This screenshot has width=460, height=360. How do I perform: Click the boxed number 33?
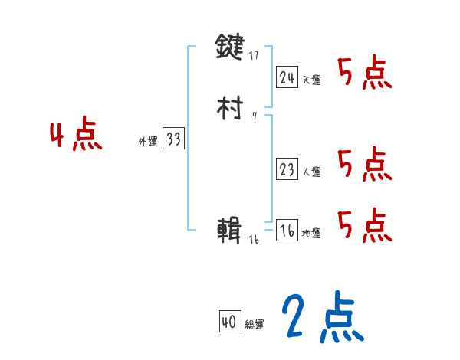click(x=173, y=139)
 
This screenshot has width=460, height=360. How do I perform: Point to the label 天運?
click(x=311, y=80)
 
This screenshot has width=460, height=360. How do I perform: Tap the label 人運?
click(x=311, y=172)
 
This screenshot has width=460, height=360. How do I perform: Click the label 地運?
click(x=311, y=234)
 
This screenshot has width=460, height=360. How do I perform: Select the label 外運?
click(x=147, y=142)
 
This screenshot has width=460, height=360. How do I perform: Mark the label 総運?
click(x=255, y=325)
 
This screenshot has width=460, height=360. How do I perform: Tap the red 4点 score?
click(x=76, y=136)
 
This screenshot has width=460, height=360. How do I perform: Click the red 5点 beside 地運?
click(x=365, y=225)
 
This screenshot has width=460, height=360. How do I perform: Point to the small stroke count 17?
click(x=255, y=55)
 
